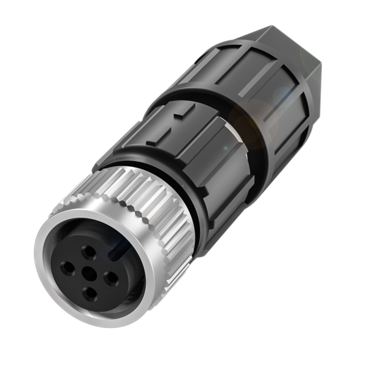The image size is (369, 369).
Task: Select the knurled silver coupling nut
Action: click(144, 202)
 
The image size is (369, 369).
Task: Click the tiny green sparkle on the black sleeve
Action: click(226, 148)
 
